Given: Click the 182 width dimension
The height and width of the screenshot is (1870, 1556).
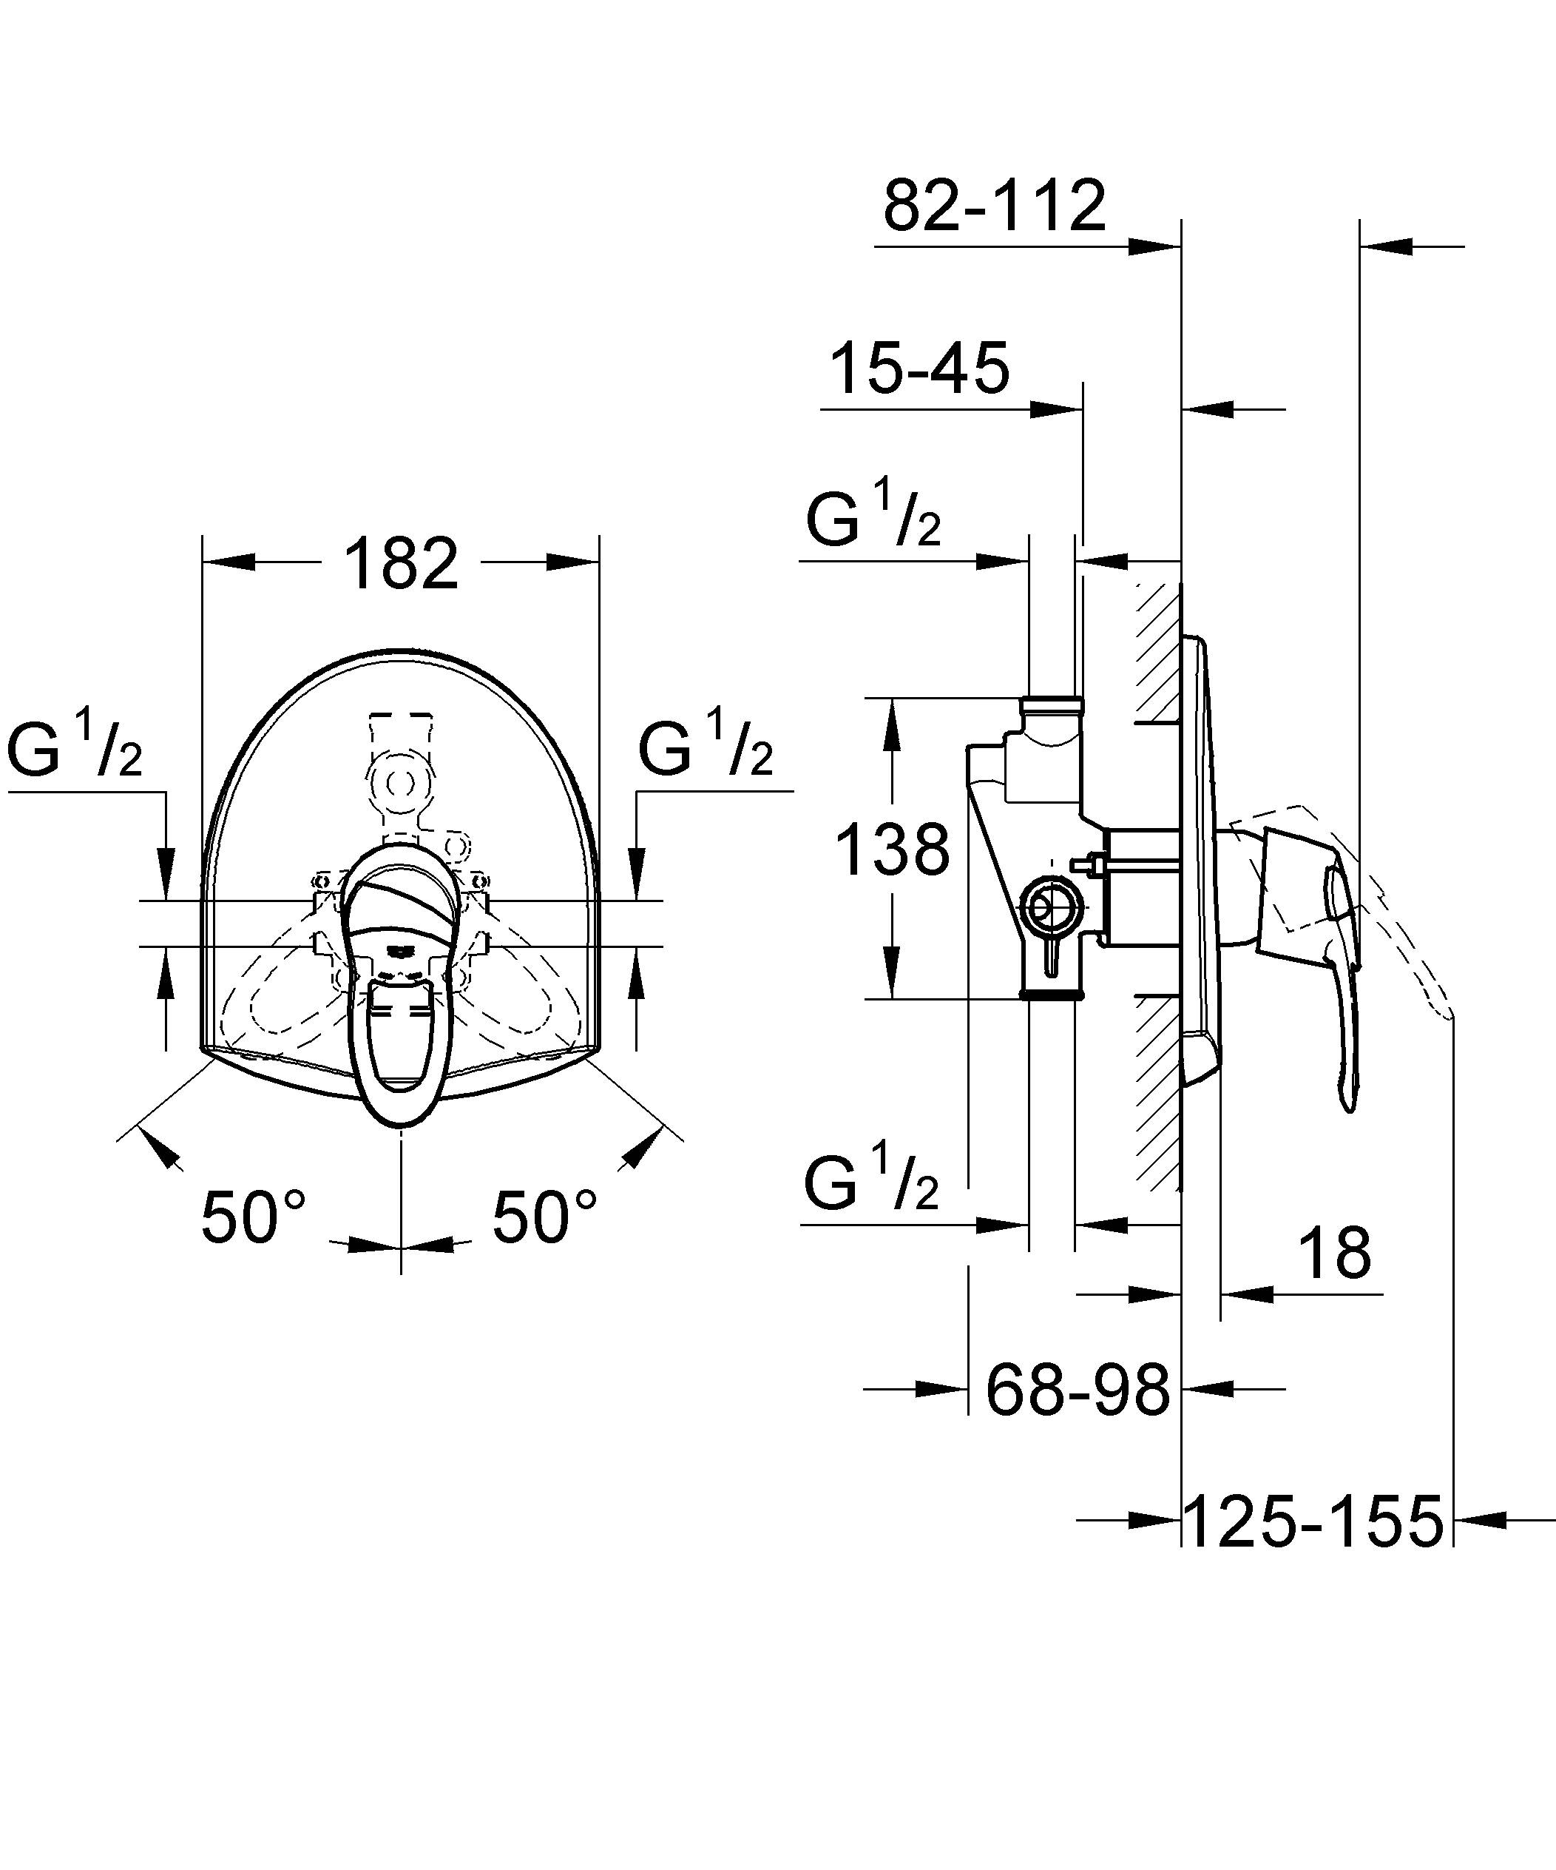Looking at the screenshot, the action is point(401,564).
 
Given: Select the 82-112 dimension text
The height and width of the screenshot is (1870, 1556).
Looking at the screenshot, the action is point(994,205).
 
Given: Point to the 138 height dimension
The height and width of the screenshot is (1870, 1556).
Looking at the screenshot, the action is point(893,850).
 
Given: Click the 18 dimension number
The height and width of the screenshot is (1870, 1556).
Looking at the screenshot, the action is point(1334,1253).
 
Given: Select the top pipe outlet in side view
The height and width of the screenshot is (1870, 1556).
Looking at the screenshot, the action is point(1053,710).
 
